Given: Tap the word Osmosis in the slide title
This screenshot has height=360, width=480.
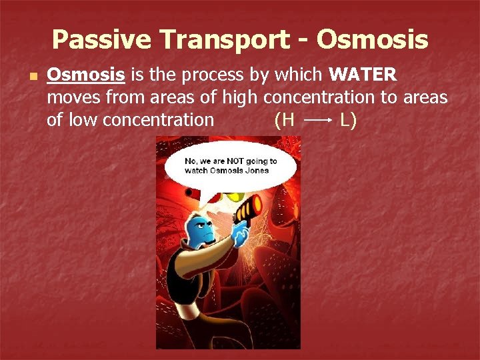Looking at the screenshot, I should [372, 41].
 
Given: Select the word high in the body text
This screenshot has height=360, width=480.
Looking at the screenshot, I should [240, 97].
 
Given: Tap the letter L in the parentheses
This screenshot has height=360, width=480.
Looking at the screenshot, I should [346, 120].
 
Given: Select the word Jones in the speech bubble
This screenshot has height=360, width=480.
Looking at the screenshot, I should [257, 170].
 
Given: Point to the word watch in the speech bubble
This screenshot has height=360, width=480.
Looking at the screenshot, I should [197, 170].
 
